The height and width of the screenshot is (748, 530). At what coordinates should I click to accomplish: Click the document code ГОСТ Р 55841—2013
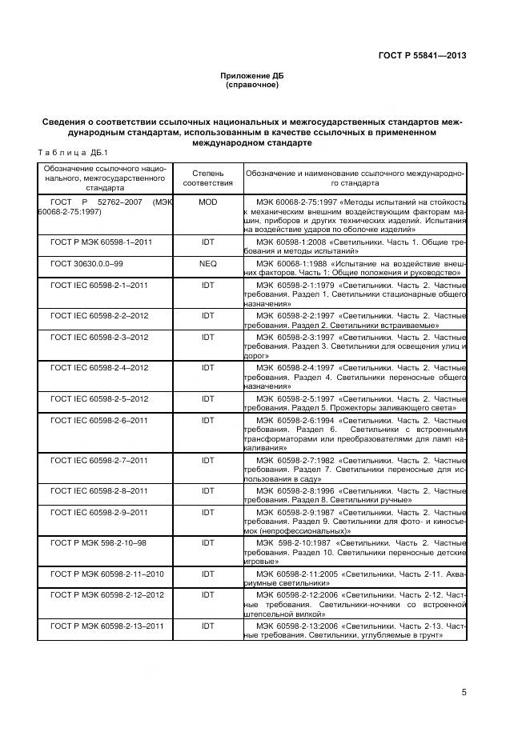point(423,55)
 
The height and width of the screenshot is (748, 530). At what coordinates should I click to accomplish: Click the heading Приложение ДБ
point(252,75)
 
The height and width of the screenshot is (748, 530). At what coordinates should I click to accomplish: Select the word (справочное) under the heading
point(252,85)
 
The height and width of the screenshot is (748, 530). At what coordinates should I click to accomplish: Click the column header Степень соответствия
point(207,178)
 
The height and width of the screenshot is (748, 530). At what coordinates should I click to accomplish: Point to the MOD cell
point(207,203)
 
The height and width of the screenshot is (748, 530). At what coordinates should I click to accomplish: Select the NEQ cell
point(207,262)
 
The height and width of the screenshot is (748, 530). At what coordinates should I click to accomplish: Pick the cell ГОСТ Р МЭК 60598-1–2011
point(101,241)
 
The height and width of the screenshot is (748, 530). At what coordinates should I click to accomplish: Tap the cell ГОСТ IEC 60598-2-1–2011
point(99,284)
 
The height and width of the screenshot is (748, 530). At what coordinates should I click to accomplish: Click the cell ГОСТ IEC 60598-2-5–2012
point(99,398)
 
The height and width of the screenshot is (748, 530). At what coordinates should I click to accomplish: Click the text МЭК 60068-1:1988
point(292,262)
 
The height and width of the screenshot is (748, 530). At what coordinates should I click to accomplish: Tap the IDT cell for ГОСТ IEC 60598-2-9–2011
point(207,534)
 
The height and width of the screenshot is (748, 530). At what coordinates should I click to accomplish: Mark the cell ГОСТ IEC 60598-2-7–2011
point(99,461)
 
